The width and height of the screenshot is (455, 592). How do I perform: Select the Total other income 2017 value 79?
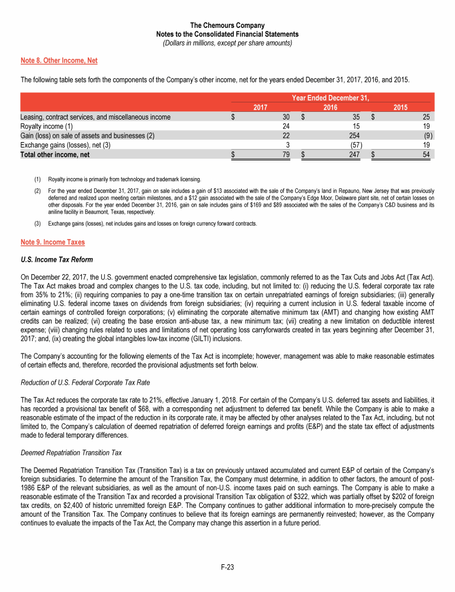click(284, 155)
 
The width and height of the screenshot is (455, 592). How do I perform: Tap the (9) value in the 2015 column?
click(428, 135)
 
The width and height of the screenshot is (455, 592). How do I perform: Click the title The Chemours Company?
click(227, 25)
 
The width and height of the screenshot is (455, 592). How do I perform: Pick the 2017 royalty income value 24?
click(285, 126)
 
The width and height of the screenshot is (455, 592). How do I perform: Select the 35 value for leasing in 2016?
click(349, 117)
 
